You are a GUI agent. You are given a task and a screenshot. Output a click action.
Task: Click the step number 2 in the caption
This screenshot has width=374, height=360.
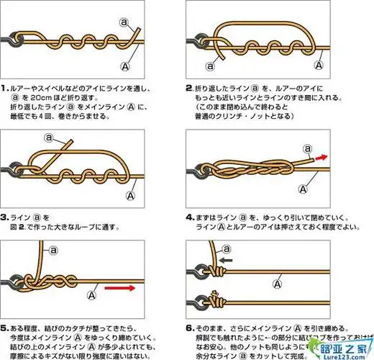pyautogui.click(x=189, y=89)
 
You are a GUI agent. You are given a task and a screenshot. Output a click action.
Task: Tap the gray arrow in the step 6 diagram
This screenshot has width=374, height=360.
pyautogui.click(x=227, y=260)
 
